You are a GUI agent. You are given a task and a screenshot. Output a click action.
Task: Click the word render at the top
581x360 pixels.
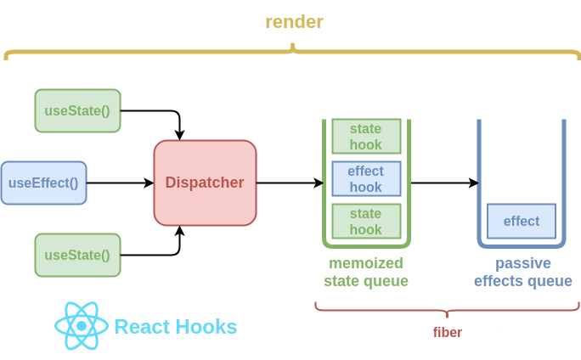tap(294, 22)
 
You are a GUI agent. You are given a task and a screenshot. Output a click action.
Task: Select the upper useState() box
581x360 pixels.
tap(77, 110)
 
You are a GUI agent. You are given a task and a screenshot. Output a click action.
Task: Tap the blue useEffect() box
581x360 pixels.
tap(43, 183)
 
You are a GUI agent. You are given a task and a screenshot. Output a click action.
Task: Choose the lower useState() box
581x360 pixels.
tap(77, 255)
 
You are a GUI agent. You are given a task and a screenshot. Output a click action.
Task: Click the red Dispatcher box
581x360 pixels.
tap(205, 183)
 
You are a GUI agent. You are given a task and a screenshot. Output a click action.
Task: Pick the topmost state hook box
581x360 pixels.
tap(365, 137)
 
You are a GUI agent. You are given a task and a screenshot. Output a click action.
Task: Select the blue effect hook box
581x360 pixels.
tap(365, 179)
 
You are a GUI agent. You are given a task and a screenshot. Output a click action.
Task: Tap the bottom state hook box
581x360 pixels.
tap(365, 221)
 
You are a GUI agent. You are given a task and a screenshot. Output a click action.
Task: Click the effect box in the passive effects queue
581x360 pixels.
tap(521, 221)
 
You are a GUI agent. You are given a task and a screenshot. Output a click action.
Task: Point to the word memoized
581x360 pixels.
tap(365, 263)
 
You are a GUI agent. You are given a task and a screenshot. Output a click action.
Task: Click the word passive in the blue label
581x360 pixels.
tap(522, 263)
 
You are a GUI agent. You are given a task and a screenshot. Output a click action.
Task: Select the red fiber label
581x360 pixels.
tap(447, 332)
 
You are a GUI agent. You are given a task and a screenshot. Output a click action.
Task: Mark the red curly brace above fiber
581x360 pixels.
tap(447, 307)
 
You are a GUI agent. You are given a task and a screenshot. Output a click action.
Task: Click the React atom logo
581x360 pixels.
tap(81, 327)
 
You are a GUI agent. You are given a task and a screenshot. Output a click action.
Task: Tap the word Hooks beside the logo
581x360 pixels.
tap(206, 327)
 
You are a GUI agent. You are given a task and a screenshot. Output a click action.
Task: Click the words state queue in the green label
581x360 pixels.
tap(365, 281)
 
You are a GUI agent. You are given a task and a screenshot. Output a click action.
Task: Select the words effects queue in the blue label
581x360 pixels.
tap(522, 281)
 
